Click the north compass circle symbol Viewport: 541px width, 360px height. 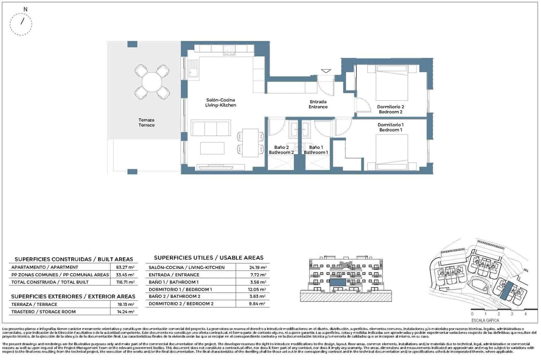pyautogui.click(x=21, y=24)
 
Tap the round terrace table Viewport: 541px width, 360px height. pyautogui.click(x=152, y=82)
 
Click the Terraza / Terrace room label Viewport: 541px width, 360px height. pyautogui.click(x=146, y=122)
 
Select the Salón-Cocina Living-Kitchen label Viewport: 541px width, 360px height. pyautogui.click(x=220, y=103)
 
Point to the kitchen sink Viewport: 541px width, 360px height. pyautogui.click(x=194, y=72)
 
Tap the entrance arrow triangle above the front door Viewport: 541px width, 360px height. pyautogui.click(x=326, y=71)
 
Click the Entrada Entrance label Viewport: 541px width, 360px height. pyautogui.click(x=318, y=104)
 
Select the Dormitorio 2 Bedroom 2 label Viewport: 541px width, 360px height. pyautogui.click(x=391, y=109)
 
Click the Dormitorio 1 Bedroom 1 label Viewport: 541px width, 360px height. pyautogui.click(x=391, y=127)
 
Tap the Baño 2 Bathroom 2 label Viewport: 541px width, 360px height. pyautogui.click(x=281, y=150)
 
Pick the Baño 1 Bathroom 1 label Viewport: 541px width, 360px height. pyautogui.click(x=316, y=150)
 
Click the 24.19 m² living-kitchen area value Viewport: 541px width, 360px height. pyautogui.click(x=257, y=268)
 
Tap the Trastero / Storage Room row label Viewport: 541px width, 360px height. pyautogui.click(x=43, y=312)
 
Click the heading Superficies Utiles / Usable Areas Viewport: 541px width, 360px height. pyautogui.click(x=208, y=258)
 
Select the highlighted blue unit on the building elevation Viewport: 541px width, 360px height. pyautogui.click(x=338, y=283)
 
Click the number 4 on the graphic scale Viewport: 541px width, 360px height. pyautogui.click(x=525, y=314)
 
